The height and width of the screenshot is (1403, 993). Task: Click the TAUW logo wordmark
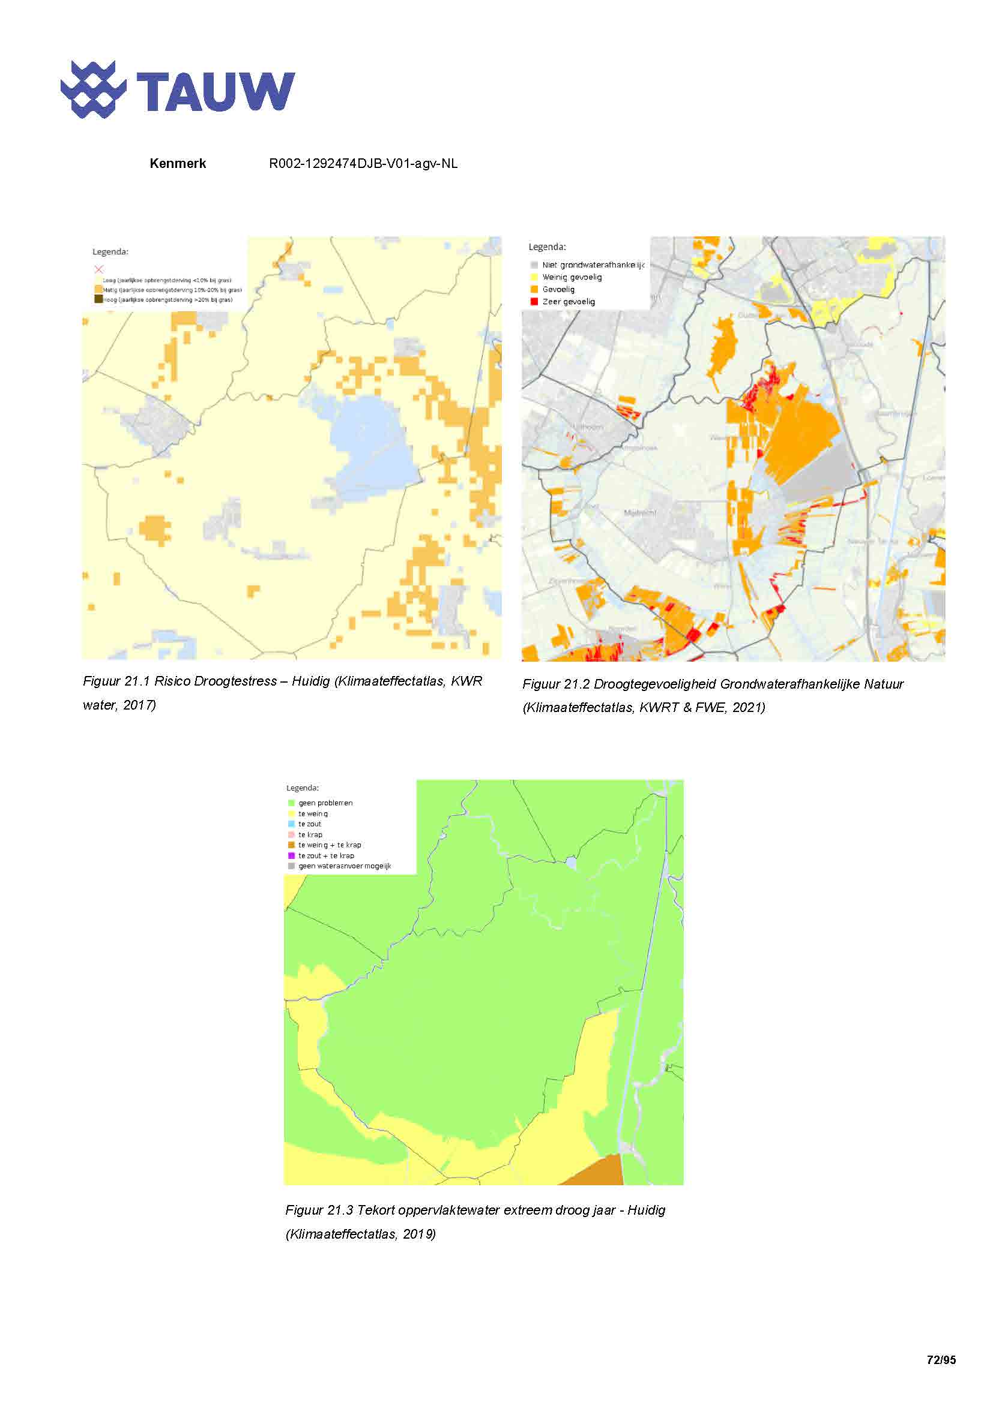[216, 91]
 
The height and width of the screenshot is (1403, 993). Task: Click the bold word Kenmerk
[177, 163]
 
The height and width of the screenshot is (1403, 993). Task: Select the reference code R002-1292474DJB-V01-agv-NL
[363, 163]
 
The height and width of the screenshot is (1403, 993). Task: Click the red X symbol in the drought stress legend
[99, 269]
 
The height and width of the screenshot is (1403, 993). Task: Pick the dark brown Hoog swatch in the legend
[98, 299]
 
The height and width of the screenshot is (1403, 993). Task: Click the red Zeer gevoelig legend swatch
[534, 301]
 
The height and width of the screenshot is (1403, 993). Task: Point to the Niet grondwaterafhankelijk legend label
[593, 265]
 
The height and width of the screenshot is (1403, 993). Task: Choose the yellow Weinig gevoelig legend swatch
[534, 277]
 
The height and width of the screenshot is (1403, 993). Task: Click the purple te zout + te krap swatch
[292, 855]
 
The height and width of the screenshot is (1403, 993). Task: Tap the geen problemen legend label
[325, 803]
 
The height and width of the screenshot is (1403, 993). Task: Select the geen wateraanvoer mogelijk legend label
[344, 866]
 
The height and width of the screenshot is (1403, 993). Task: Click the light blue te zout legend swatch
[292, 824]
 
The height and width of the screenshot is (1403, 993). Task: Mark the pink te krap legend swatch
[292, 834]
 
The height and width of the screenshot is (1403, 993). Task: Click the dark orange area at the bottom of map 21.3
[599, 1173]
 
